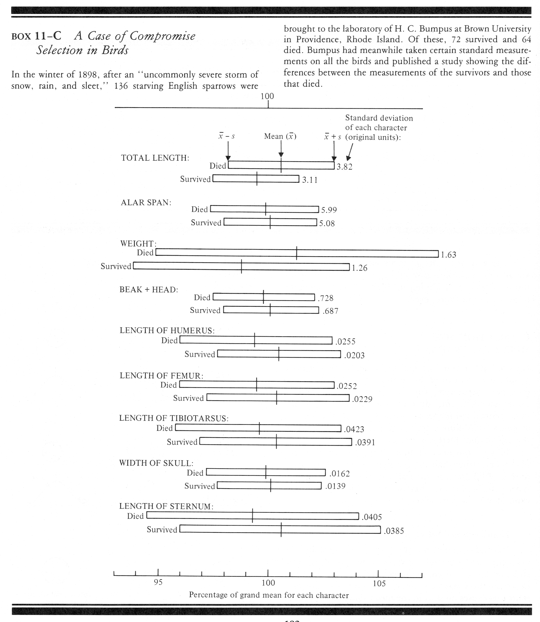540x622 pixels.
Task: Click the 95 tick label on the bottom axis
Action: [158, 582]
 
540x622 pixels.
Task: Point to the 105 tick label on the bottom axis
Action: [379, 583]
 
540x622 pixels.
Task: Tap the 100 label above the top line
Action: [267, 96]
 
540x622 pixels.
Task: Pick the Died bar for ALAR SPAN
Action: [264, 209]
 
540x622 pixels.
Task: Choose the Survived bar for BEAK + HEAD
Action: [271, 310]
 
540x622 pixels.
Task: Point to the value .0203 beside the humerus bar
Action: [354, 355]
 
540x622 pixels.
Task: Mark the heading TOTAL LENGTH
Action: [155, 158]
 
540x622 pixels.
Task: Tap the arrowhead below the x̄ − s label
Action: [228, 158]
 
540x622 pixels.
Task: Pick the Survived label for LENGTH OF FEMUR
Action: [188, 398]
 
